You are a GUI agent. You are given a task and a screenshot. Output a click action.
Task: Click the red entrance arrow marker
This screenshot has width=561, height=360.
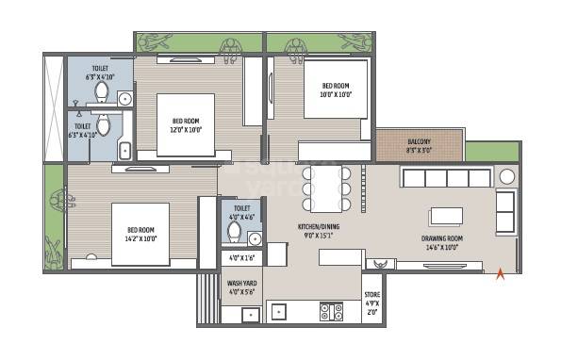(500, 273)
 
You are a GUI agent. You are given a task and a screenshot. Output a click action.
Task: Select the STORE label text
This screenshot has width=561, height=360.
(373, 294)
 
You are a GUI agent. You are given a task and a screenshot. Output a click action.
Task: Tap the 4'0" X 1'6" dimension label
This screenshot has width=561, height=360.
(241, 257)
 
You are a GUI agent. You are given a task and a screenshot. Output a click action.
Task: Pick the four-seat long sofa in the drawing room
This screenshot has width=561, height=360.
(446, 177)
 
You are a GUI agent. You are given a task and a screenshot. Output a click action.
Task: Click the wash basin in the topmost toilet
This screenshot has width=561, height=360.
(125, 97)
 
